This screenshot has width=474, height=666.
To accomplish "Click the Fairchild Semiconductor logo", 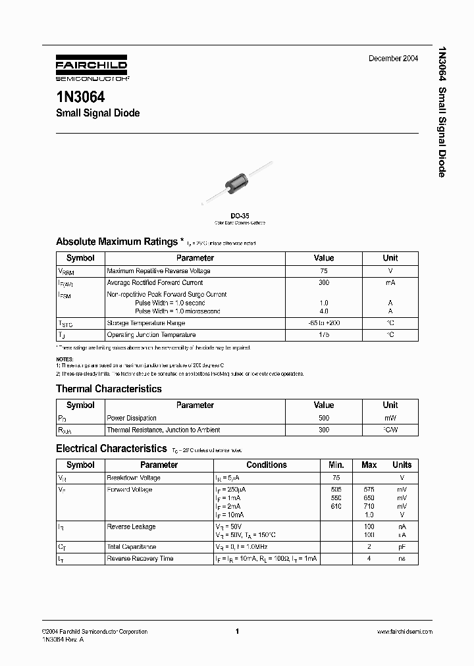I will [x=92, y=68].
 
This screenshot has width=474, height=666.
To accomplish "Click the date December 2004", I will [x=393, y=59].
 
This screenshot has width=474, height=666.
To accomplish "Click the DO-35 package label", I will [x=239, y=215].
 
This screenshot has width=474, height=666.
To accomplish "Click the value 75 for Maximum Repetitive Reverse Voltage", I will [x=324, y=271].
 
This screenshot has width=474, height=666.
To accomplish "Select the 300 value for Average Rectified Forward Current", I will [x=324, y=282].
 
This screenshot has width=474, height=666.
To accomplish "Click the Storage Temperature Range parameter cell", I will [x=146, y=323].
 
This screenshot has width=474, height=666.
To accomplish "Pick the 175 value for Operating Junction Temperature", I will [x=324, y=335].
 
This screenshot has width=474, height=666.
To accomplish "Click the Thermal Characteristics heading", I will [x=109, y=389].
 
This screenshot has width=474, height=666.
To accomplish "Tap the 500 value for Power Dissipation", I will [x=324, y=418].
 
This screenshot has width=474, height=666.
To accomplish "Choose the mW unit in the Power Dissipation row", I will [x=390, y=418].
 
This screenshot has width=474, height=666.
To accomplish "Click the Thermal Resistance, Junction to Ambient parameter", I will [x=163, y=429].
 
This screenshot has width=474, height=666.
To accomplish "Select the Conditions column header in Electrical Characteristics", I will [x=267, y=465].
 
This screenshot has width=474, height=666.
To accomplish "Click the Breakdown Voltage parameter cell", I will [x=134, y=478].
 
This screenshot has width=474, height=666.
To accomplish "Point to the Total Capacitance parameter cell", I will [x=132, y=547].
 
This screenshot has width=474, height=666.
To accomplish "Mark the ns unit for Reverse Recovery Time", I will [x=402, y=559].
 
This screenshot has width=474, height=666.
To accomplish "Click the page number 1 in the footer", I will [x=236, y=632].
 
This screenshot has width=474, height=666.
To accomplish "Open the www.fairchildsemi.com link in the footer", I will [x=404, y=632].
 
